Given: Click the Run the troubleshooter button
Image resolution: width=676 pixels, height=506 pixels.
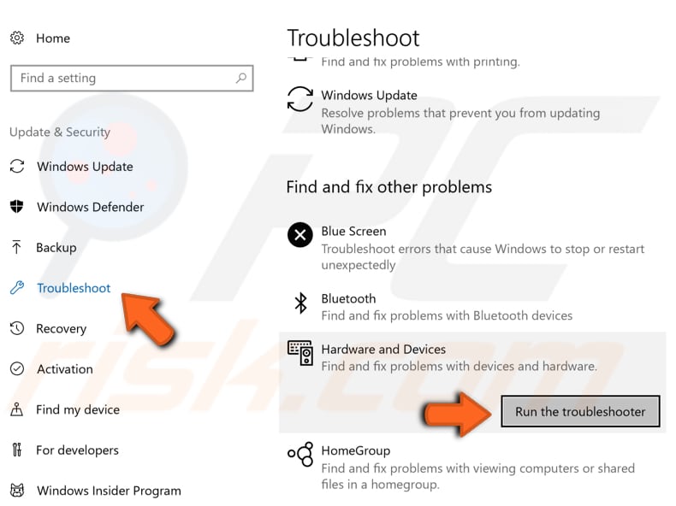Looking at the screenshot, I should coord(579,411).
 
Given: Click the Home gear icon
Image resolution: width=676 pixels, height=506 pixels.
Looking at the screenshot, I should coord(16,38).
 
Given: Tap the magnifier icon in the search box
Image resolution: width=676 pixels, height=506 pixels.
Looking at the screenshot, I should coord(241,78).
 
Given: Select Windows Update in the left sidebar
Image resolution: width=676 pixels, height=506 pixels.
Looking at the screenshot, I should coord(85,167).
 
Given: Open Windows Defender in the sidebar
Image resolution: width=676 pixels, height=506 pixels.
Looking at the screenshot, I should coord(90,207).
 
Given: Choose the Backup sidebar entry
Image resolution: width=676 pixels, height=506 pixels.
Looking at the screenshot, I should coord(56,248).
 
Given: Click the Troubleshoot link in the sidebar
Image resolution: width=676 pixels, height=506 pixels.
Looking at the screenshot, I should coord(74,288).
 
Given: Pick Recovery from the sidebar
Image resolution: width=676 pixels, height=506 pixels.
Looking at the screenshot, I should coord(61,329).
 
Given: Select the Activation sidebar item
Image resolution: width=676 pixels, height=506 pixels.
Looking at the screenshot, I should coord(64,369).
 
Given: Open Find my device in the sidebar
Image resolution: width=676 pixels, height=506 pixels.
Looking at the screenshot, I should coord(77,409).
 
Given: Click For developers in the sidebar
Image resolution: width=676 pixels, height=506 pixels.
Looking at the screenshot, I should coord(77,450).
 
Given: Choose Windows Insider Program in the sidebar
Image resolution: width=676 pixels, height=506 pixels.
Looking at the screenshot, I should coord(109,491).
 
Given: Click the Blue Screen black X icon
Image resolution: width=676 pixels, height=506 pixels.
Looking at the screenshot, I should coord(299,234).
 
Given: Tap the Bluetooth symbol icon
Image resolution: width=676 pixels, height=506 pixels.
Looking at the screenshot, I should coord(300,303).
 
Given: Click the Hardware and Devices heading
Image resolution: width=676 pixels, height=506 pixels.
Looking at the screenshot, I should coord(383,350).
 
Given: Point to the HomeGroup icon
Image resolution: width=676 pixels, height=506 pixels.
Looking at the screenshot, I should coord(299,455).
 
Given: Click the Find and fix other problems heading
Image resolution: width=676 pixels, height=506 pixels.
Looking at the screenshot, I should coord(389,186).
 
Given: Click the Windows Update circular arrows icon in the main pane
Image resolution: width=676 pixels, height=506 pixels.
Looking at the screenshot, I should coord(299,98).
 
